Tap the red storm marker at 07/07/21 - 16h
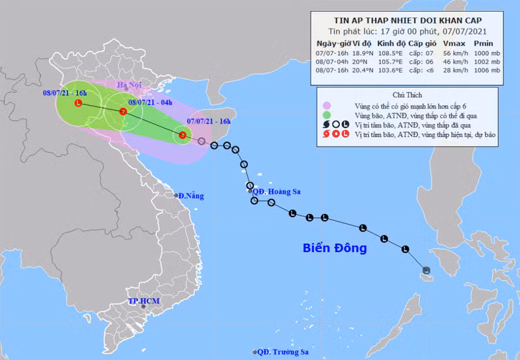point(183,135)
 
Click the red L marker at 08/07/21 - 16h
point(79,103)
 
